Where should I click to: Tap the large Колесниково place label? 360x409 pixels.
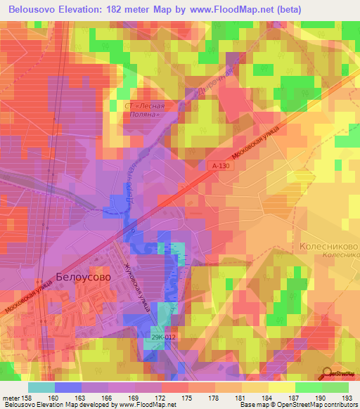point(329,247)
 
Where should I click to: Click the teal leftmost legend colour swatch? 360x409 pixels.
point(41,387)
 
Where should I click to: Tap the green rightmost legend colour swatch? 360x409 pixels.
point(335,387)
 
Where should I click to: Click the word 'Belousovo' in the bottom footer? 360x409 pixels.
point(22,405)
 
